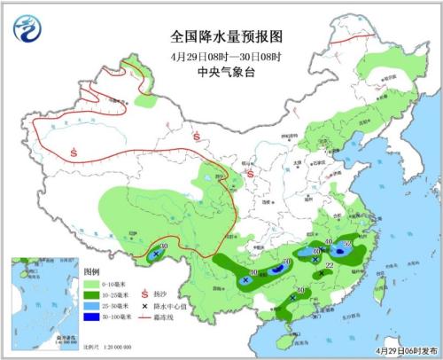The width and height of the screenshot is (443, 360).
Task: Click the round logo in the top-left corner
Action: tap(29, 30)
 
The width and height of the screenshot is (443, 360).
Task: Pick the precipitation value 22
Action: tap(330, 265)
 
